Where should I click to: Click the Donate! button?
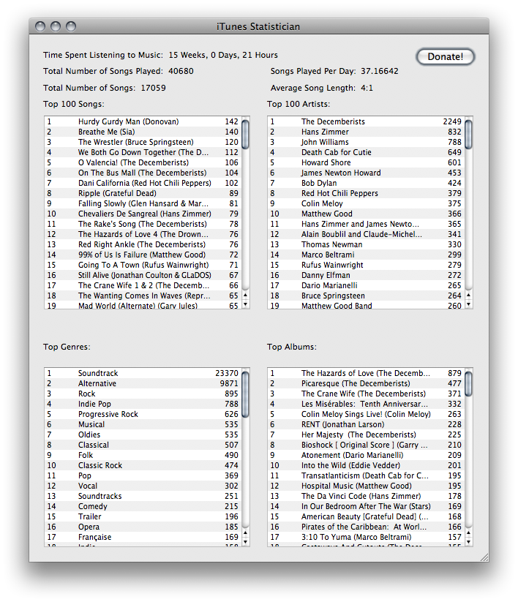tap(445, 56)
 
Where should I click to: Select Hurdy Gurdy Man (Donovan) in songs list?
tap(128, 121)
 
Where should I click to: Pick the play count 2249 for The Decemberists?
tap(451, 121)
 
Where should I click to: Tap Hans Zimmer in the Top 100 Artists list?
tap(325, 132)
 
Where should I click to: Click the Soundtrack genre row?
tap(98, 373)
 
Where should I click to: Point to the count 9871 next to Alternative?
tap(228, 383)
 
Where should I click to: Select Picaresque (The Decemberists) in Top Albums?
tap(356, 383)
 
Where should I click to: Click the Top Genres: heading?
tap(67, 347)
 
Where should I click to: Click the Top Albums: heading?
tap(291, 347)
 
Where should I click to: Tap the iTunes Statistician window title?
tap(258, 26)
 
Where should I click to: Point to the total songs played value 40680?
tap(181, 71)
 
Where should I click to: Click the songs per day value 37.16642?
tap(379, 71)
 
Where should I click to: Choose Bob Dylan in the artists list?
tap(319, 183)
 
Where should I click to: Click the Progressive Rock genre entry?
tap(108, 414)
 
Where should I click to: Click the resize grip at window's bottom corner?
tap(484, 557)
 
